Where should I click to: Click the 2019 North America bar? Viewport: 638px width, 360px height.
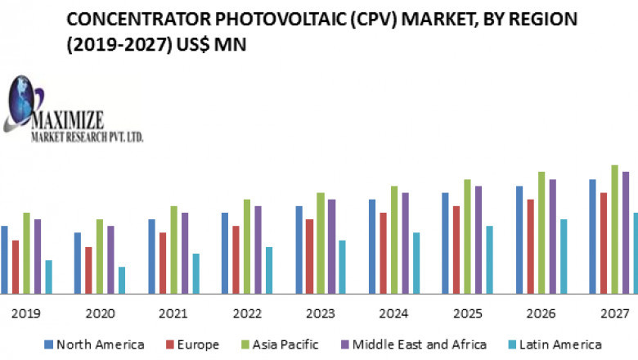[4, 259]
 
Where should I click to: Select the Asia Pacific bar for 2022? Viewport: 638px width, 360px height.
[247, 246]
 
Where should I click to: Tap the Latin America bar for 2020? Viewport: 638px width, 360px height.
[122, 280]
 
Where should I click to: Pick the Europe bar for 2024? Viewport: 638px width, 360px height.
[383, 253]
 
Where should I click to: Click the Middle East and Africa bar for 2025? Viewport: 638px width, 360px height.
[478, 240]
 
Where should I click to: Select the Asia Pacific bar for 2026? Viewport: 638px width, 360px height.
[541, 232]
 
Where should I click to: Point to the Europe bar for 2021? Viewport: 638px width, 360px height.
[163, 263]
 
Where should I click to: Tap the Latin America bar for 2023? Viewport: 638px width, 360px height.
[342, 267]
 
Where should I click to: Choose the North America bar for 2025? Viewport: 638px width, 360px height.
[446, 243]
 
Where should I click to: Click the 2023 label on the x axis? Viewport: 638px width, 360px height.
[320, 313]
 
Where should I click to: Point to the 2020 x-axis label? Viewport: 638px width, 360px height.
[100, 313]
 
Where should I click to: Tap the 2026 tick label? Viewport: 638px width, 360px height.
[541, 313]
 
